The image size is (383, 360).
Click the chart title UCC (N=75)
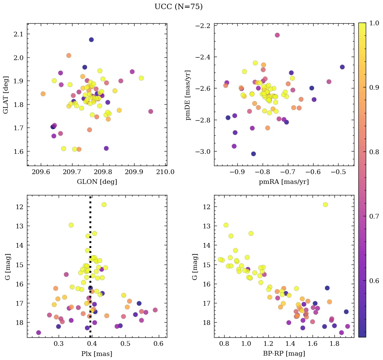[178, 7]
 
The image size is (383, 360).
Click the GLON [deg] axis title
[97, 182]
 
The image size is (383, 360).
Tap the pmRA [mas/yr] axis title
[284, 182]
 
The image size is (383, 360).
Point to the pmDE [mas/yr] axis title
[188, 95]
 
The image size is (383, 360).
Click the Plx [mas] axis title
[97, 354]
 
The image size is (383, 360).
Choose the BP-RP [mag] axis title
[284, 354]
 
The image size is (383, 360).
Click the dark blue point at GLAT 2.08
[91, 40]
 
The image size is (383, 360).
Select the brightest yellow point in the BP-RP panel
[325, 204]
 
